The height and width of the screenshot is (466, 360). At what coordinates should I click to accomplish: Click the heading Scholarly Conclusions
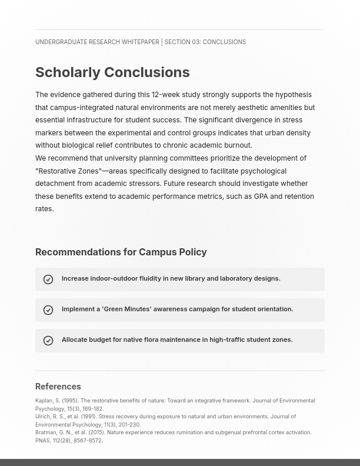(112, 72)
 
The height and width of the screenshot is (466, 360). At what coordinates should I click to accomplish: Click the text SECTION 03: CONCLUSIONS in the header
(205, 42)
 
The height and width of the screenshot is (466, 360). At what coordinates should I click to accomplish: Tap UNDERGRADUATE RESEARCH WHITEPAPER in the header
(97, 42)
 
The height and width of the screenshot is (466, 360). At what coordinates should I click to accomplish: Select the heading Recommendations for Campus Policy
(121, 252)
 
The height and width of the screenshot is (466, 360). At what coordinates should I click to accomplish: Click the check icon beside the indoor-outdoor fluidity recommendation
(48, 279)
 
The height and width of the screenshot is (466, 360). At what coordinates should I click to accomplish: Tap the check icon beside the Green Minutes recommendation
(48, 310)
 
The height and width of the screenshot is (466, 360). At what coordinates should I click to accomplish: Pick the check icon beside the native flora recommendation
(48, 341)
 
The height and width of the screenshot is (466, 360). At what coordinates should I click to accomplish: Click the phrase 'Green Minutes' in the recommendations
(126, 309)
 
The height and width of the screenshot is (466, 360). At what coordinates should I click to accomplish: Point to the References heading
(58, 387)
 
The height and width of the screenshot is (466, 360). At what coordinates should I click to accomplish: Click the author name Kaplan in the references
(44, 401)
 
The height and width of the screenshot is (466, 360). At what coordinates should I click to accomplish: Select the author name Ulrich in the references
(42, 417)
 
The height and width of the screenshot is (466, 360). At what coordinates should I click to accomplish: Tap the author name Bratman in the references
(45, 432)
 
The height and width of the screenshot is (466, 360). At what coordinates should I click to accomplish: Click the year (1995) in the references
(70, 401)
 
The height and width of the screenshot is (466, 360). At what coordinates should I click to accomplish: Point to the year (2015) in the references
(96, 432)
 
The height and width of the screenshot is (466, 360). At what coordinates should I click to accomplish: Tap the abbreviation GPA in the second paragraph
(261, 197)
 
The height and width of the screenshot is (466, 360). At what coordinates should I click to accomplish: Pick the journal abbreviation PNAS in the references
(43, 441)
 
